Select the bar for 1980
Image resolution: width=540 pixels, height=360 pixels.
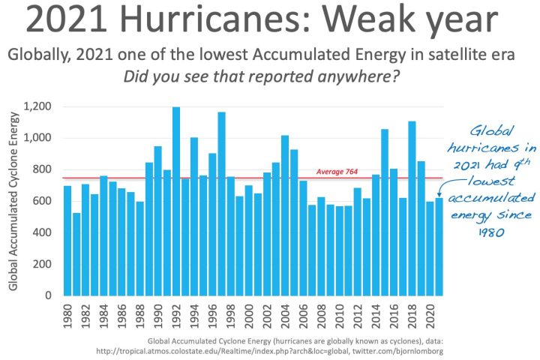click(x=67, y=240)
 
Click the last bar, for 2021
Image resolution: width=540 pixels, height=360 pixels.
click(x=439, y=247)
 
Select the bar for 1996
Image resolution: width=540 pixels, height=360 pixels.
click(x=212, y=224)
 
